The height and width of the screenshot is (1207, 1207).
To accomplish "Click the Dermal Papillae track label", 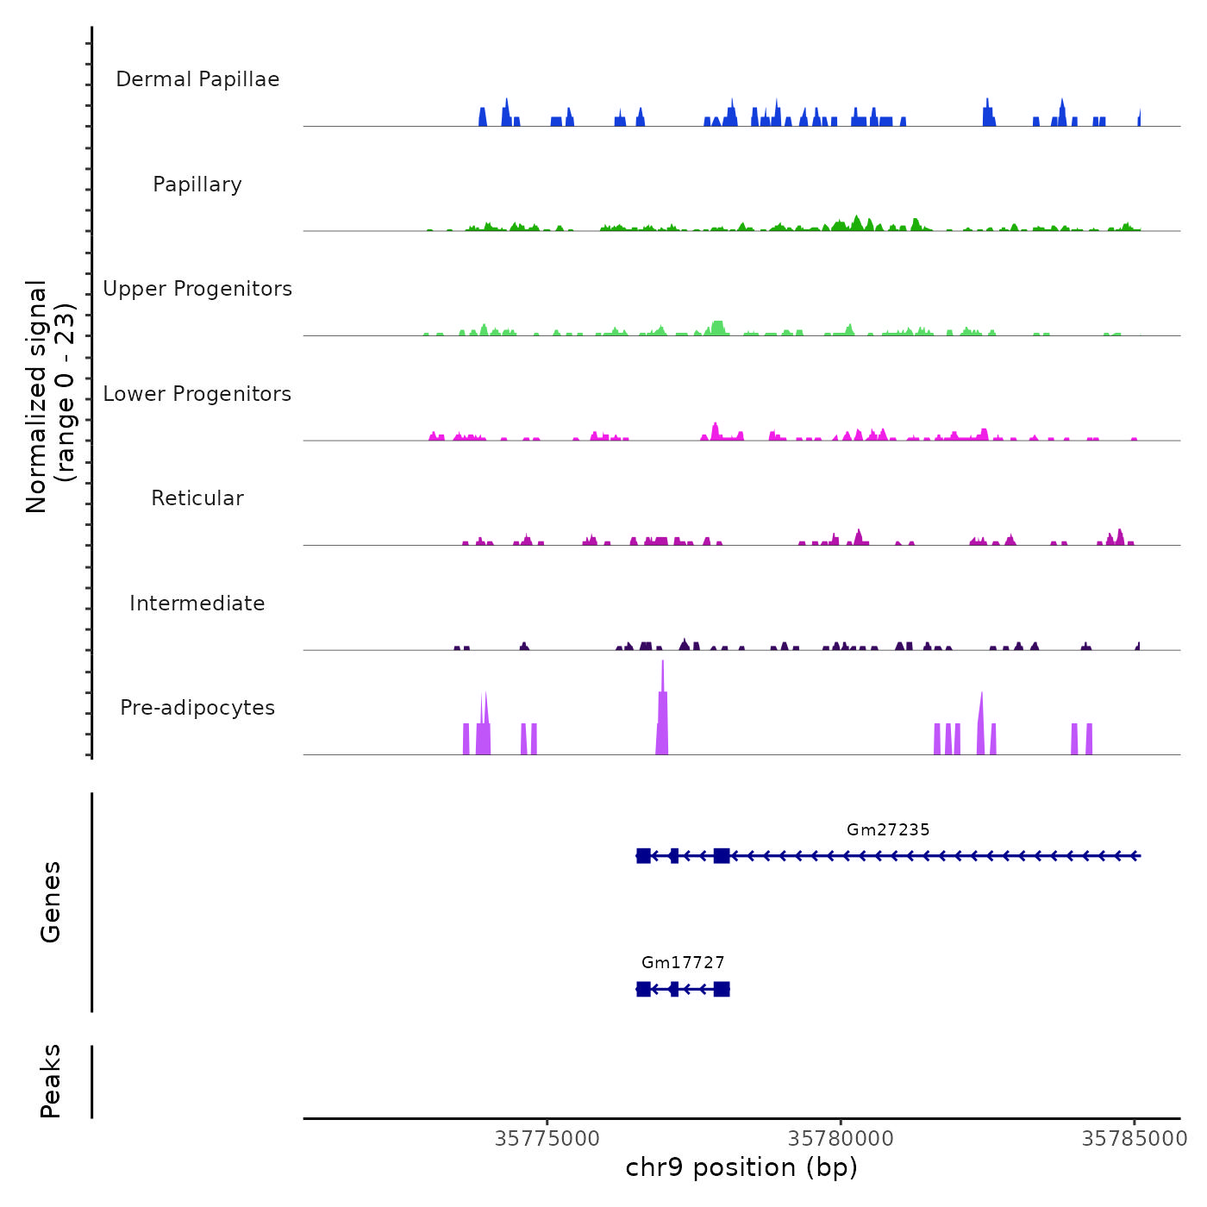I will click(x=197, y=79).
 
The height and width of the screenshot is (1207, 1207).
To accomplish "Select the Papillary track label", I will click(x=197, y=184).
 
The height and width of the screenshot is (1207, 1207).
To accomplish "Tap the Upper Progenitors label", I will click(x=197, y=289).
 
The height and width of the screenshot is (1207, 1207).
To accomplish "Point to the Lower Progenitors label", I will click(x=197, y=394).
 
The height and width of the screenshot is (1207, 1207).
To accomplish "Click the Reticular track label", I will click(x=197, y=498).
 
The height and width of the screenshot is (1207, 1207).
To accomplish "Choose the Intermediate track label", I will click(x=197, y=603).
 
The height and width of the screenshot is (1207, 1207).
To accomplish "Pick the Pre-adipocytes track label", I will click(x=197, y=708).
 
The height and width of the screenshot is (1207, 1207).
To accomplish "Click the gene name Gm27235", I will click(x=888, y=830).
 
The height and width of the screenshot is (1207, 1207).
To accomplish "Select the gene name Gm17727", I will click(x=683, y=963).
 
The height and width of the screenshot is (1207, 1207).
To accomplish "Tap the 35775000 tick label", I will click(x=547, y=1139).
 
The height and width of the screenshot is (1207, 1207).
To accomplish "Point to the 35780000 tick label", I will click(x=841, y=1139).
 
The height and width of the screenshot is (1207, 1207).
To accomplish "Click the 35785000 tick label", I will click(x=1135, y=1139).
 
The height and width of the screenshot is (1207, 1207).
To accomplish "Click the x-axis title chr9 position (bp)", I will click(x=741, y=1168).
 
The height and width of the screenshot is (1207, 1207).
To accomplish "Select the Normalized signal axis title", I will click(x=50, y=396).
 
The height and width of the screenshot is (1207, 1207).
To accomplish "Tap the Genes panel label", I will click(x=51, y=902).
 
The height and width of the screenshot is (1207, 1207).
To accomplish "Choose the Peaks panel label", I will click(x=51, y=1081).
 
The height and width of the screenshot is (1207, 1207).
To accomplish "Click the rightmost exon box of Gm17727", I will click(x=722, y=989).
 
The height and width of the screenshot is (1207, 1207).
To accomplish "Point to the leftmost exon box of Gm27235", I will click(x=643, y=856).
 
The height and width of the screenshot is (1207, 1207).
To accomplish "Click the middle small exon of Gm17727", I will click(x=674, y=989).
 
